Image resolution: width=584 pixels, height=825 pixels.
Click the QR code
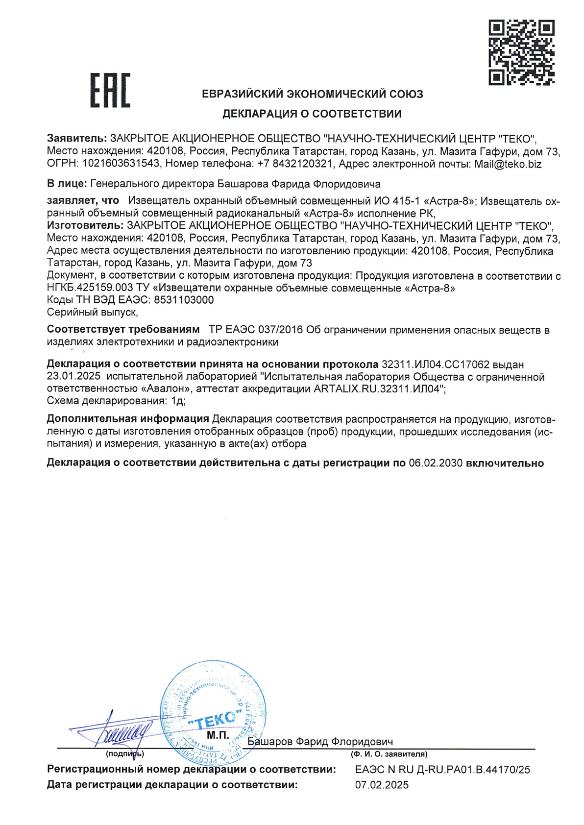521,52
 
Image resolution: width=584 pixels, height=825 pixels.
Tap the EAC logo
110,90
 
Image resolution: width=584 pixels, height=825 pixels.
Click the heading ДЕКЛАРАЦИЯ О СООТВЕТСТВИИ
312,114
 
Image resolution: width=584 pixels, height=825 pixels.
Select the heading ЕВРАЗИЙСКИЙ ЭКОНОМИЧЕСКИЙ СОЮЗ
313,94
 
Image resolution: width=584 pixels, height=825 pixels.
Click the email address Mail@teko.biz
508,164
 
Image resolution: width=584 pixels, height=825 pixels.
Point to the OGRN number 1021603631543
121,164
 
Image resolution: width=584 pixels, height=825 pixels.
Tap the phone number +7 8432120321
295,164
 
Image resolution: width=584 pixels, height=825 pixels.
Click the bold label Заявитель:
76,139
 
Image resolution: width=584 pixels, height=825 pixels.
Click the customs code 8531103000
184,300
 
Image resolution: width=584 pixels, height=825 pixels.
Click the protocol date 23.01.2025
73,377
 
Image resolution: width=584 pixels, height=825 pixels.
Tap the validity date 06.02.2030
436,463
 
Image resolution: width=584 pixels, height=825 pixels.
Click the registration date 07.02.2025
382,785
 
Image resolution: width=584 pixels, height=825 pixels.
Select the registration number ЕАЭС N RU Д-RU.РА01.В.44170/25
442,770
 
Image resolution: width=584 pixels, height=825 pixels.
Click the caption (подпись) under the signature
125,754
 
